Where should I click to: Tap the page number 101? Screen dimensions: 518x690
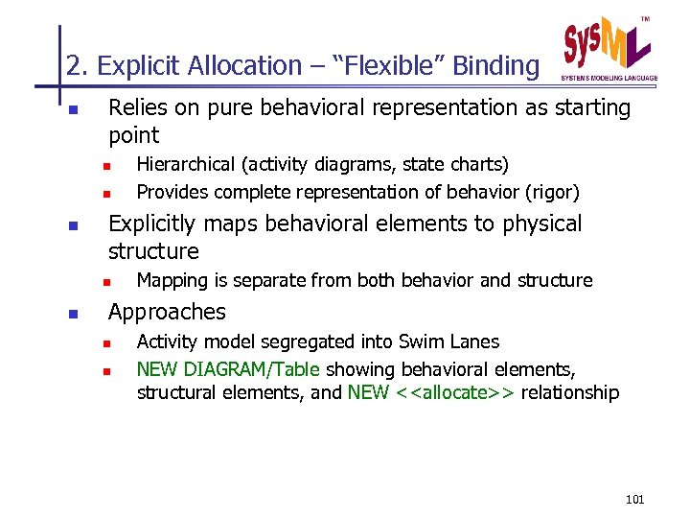[x=634, y=500]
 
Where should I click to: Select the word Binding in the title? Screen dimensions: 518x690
[x=495, y=66]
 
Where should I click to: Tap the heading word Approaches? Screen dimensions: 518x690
[x=167, y=312]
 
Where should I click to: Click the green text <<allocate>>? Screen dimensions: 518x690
[x=455, y=392]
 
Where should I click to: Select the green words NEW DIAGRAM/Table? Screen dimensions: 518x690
[x=230, y=369]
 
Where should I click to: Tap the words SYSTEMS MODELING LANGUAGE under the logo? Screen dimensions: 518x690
[x=609, y=77]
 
